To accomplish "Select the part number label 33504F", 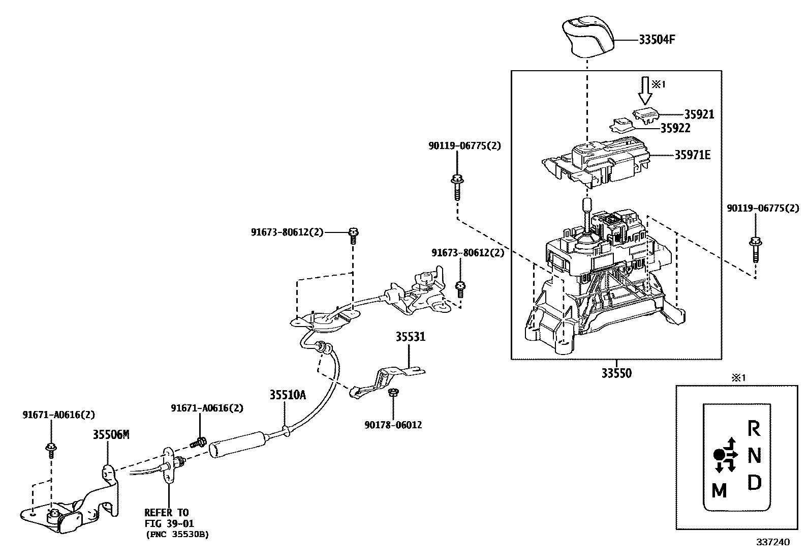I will pos(657,40).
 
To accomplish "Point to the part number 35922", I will pos(675,129).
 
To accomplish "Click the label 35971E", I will pos(692,155).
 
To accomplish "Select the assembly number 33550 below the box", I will pos(616,373).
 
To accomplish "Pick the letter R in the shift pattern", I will pos(754,429).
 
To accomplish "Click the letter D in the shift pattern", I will pos(755,482).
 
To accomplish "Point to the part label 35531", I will pos(411,337).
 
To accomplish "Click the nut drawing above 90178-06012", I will pos(393,393).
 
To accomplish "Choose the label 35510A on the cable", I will pos(287,395).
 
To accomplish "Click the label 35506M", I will pos(111,434).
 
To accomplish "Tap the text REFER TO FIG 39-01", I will pos(168,518).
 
